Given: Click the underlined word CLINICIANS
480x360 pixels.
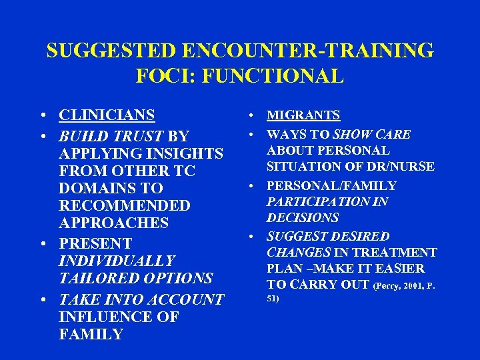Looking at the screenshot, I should (107, 116).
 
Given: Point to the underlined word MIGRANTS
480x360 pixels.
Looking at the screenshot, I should (303, 116).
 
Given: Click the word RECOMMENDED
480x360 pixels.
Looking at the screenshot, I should (125, 206).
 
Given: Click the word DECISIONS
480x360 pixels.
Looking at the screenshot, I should (303, 218).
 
